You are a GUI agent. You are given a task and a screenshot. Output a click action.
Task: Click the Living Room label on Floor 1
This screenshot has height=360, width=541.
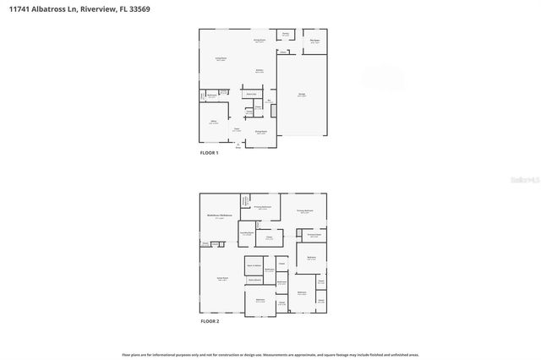coord(221,59)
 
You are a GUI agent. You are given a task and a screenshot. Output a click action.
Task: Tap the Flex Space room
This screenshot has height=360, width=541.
coord(314,41)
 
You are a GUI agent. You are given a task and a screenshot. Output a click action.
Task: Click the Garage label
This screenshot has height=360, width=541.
coord(302,95)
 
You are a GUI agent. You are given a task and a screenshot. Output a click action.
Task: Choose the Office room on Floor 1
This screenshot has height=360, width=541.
coord(213,123)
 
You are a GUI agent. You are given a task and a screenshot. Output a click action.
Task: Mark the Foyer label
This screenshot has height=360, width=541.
coord(237,129)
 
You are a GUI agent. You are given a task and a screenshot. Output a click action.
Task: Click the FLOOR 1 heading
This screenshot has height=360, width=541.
coord(209,153)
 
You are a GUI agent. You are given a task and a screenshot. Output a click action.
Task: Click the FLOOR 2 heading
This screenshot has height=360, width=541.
coord(209,322)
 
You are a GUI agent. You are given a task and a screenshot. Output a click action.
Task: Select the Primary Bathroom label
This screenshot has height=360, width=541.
coord(263,206)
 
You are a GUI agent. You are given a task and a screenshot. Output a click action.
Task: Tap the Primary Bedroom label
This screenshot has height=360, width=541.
coord(305,211)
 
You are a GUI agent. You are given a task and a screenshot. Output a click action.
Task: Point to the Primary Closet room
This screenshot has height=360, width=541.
coord(314,234)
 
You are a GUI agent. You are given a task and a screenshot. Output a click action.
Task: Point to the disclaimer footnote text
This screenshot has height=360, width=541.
coord(270,355)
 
